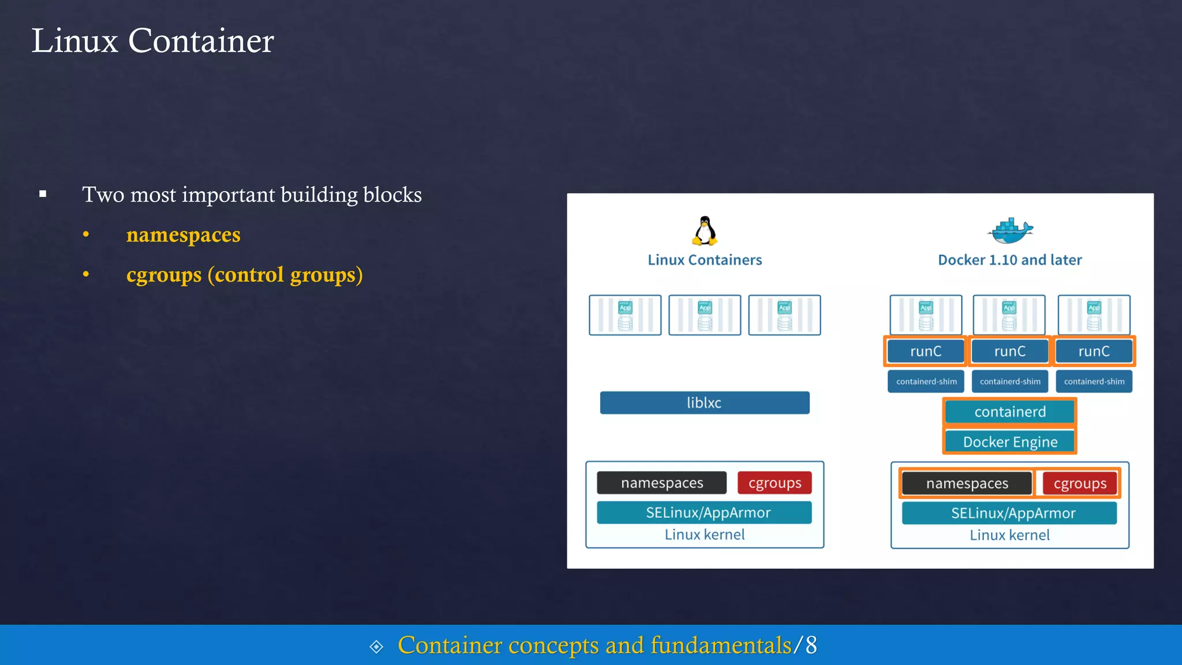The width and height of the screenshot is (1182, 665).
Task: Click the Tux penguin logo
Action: [705, 231]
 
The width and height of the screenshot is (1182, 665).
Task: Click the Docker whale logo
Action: [1009, 231]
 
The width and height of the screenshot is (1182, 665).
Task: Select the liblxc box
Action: [705, 403]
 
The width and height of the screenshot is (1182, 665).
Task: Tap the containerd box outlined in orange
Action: [1009, 412]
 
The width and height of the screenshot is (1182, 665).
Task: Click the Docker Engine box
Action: [1009, 442]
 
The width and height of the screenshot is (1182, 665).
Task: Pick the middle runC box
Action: [1009, 351]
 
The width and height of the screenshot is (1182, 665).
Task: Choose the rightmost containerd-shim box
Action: [1094, 382]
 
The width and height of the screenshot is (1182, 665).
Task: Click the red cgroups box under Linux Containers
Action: [775, 483]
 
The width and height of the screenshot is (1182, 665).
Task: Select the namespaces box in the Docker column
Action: [967, 483]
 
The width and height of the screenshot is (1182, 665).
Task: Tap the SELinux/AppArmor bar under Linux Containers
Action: [705, 513]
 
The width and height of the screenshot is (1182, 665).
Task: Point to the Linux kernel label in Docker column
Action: [1009, 535]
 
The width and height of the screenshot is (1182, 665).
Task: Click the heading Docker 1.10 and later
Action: [1009, 260]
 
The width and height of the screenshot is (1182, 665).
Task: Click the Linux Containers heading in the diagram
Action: [705, 260]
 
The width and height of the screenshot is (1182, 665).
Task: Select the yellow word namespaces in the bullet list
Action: [183, 235]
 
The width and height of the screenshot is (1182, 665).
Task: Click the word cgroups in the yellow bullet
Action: [164, 275]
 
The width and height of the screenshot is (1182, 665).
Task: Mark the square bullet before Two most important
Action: [43, 194]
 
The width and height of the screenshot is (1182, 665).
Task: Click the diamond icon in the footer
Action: [376, 647]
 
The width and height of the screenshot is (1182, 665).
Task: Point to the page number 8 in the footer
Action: [811, 645]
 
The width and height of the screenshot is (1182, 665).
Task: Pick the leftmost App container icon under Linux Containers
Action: [625, 315]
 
